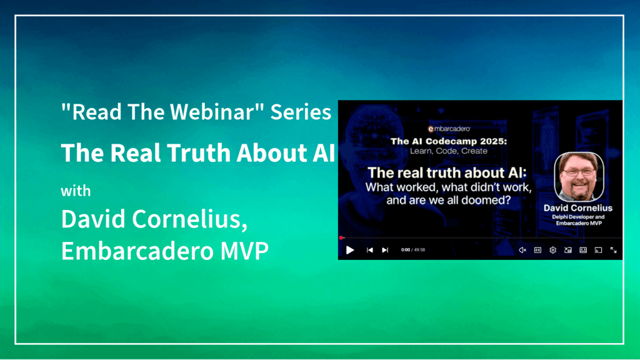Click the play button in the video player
pos(350,250)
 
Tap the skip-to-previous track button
pos(369,250)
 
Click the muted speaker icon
pos(522,250)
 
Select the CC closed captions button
pos(537,250)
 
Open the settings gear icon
pos(552,250)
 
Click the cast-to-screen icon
pos(598,250)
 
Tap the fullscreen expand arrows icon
pos(613,250)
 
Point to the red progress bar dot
pos(341,237)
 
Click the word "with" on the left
pos(76,191)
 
